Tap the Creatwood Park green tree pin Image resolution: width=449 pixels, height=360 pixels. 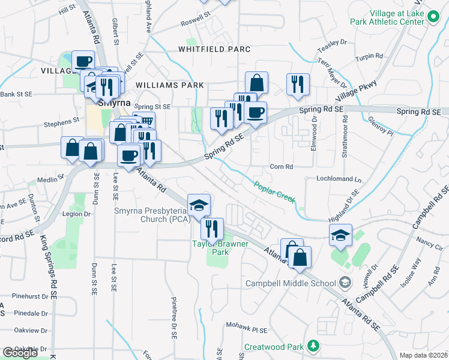[313, 346]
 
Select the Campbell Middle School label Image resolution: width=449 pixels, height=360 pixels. [291, 283]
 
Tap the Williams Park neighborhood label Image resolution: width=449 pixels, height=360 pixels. [170, 85]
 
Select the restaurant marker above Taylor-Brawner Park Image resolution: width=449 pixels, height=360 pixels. [212, 229]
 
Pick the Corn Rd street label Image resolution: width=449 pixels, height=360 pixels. [281, 167]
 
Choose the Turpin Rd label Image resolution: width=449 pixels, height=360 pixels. [369, 56]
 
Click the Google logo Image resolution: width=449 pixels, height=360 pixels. [19, 353]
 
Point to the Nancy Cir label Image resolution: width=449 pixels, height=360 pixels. [429, 246]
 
